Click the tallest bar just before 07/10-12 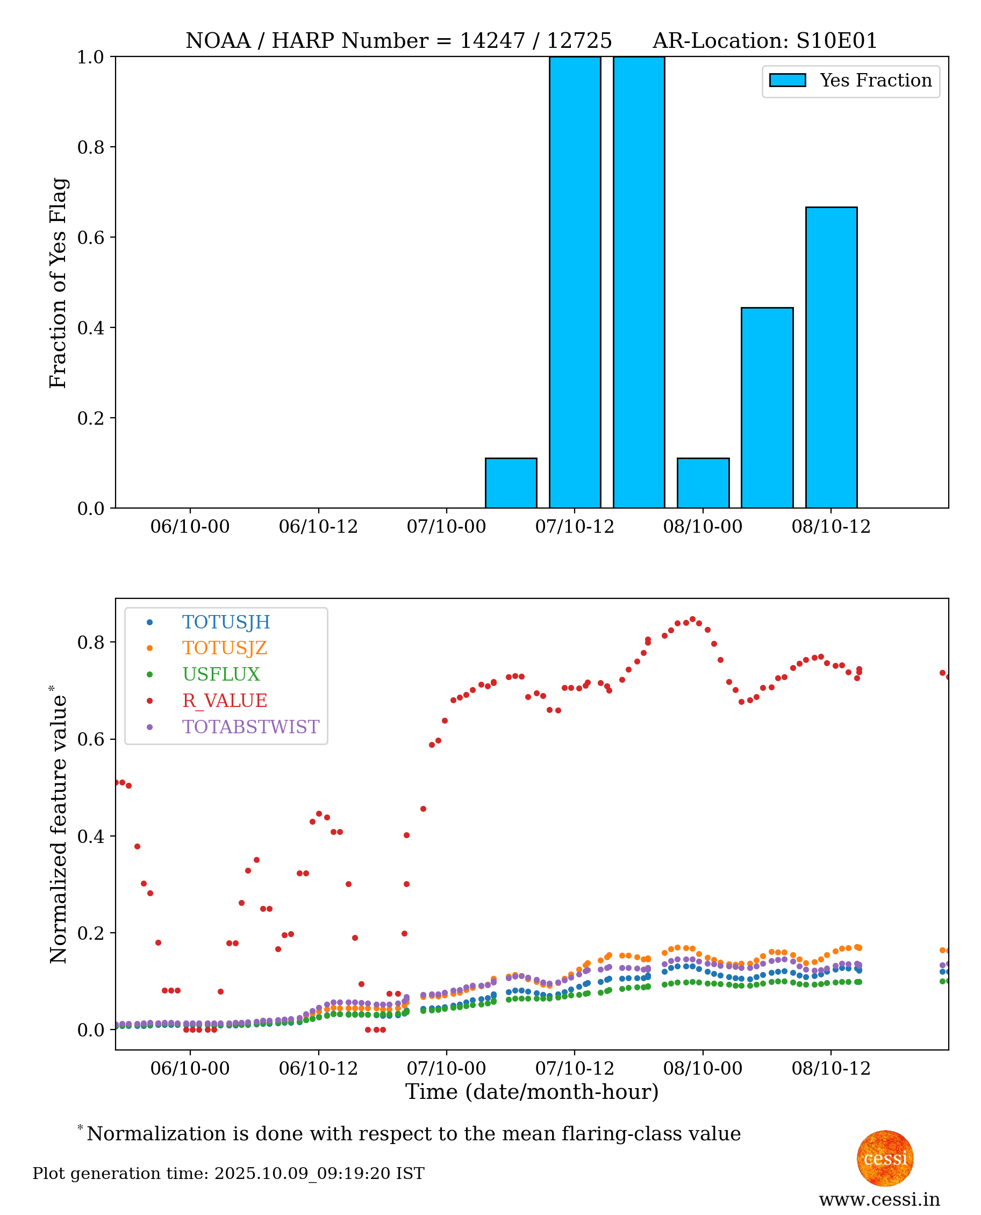[575, 283]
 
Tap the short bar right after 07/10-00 [511, 483]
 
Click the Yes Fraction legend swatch [787, 80]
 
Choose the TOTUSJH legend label [226, 622]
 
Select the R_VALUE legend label [224, 701]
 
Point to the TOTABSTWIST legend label [250, 727]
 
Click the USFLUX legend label [221, 674]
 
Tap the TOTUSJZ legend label [224, 648]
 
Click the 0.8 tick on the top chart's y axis [90, 147]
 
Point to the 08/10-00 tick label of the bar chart [703, 527]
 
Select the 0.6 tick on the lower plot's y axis [90, 739]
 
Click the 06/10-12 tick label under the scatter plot [318, 1069]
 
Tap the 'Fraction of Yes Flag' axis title [58, 283]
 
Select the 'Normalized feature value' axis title [58, 825]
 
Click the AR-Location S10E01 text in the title [764, 41]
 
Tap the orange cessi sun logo [885, 1158]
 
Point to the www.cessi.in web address [879, 1199]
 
